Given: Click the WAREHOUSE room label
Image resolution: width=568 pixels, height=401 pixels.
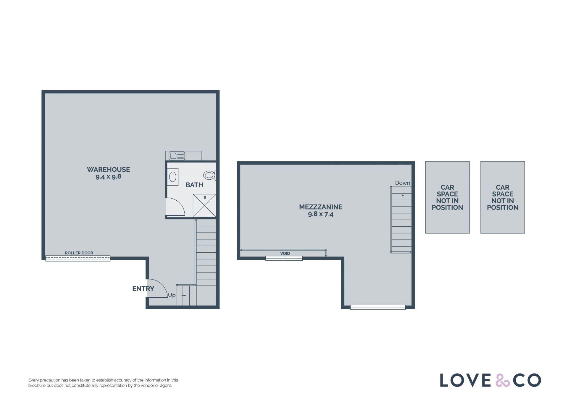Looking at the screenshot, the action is pyautogui.click(x=108, y=169).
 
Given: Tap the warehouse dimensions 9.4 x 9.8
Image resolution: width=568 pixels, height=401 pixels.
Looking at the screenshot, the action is pyautogui.click(x=108, y=177).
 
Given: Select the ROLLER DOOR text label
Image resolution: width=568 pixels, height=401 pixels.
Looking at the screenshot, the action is pyautogui.click(x=79, y=253).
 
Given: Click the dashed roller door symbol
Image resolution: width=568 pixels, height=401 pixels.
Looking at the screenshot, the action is pyautogui.click(x=78, y=258).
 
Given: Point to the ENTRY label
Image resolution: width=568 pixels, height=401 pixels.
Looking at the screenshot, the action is pyautogui.click(x=143, y=289).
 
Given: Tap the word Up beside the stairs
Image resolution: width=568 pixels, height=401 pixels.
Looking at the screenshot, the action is pyautogui.click(x=172, y=295).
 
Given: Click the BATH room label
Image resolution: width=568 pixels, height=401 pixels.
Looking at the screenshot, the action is pyautogui.click(x=194, y=185).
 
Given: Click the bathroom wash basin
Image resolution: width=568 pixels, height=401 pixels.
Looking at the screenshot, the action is pyautogui.click(x=173, y=177).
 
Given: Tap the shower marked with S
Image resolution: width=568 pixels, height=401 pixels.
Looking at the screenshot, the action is pyautogui.click(x=204, y=206).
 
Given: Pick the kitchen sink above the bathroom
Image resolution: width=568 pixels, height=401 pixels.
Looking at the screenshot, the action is pyautogui.click(x=177, y=155).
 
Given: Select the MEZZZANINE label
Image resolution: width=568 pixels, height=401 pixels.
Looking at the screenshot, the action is pyautogui.click(x=321, y=207).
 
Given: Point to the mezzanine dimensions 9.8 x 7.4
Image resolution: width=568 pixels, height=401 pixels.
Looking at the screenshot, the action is pyautogui.click(x=321, y=214).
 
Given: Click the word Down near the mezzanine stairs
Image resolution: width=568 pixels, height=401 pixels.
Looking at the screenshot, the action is pyautogui.click(x=403, y=183).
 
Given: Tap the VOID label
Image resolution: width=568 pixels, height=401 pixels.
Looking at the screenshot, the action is pyautogui.click(x=285, y=253).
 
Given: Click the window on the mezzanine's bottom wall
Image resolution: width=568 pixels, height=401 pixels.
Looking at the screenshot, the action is pyautogui.click(x=378, y=307).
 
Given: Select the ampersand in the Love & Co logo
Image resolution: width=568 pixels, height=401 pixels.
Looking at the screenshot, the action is pyautogui.click(x=503, y=380).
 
